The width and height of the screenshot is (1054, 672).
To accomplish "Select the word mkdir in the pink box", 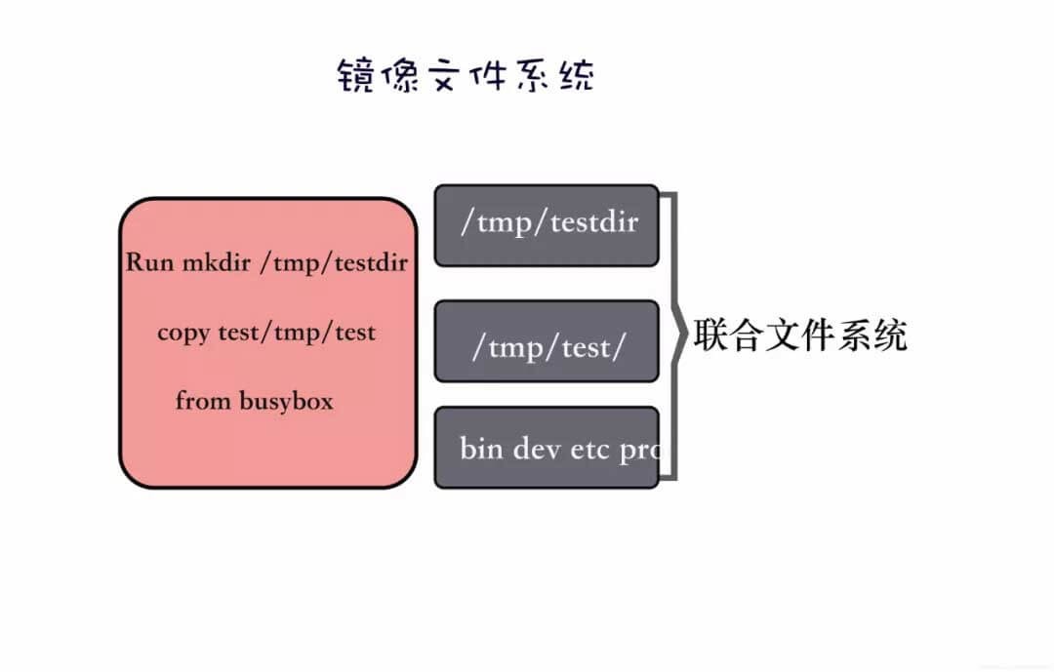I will tap(218, 262).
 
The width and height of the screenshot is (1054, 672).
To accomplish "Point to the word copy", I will tap(182, 334).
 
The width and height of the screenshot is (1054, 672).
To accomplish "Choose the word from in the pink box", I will tap(201, 401).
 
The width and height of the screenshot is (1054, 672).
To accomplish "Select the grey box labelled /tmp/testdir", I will tap(547, 224).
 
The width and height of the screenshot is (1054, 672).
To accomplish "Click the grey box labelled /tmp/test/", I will tap(547, 341).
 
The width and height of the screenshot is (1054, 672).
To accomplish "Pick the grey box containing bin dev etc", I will tap(547, 448).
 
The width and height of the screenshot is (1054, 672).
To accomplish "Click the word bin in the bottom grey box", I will tap(480, 449).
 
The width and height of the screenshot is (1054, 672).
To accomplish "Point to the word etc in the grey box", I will tap(589, 450).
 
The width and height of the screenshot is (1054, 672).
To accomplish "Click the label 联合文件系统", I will tap(800, 335).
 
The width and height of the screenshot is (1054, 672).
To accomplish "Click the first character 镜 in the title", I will tap(355, 76).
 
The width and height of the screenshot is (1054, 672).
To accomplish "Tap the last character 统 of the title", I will tap(575, 76).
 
